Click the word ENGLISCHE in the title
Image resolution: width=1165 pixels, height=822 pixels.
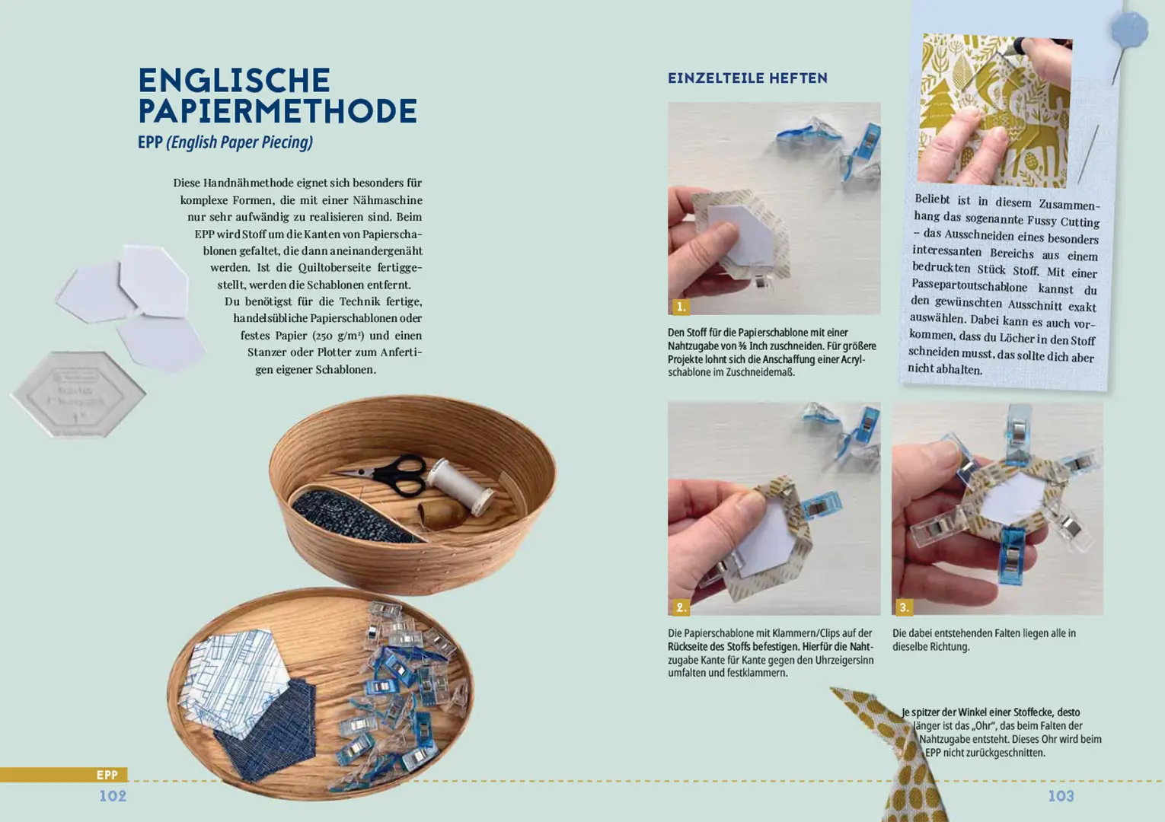[234, 81]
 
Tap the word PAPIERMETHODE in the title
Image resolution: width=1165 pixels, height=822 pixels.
[277, 111]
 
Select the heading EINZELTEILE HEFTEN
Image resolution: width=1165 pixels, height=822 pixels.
[747, 78]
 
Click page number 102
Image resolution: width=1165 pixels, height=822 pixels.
[113, 796]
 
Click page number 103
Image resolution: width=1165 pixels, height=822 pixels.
[1061, 796]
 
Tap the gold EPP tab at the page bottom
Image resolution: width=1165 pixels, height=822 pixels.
[107, 775]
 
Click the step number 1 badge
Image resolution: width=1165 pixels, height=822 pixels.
[680, 307]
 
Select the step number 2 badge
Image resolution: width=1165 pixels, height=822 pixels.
[680, 607]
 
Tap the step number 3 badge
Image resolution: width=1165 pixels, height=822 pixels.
[903, 607]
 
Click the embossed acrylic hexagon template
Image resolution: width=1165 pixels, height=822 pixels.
[78, 393]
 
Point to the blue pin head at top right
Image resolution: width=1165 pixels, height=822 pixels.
[1129, 30]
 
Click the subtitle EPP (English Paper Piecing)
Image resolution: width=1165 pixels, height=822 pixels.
[225, 142]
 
